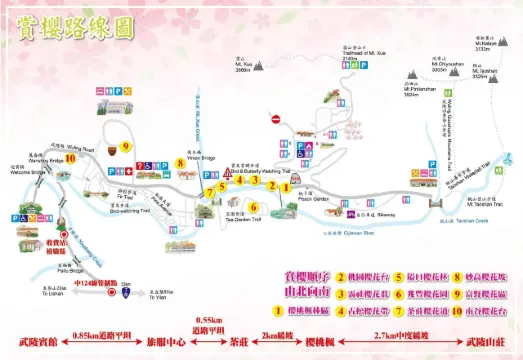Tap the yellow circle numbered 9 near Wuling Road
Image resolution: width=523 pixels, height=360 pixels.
point(125,146)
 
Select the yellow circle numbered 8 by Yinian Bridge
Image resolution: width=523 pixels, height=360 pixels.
point(179,163)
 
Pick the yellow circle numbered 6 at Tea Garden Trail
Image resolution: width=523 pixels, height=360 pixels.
point(254,207)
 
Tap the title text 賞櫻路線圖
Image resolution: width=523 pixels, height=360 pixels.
point(75,28)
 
